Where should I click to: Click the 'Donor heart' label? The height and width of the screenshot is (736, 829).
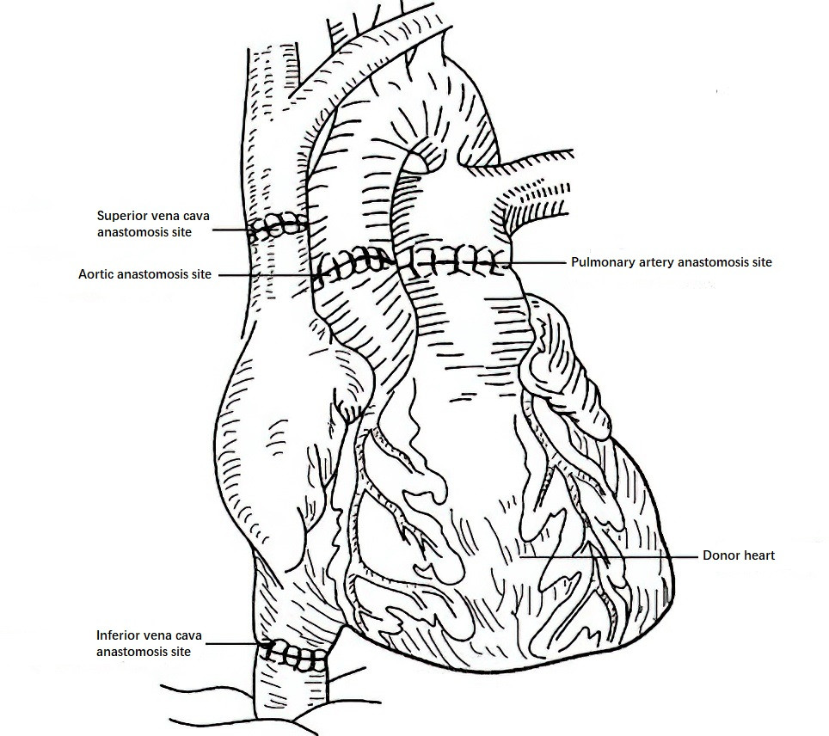click(x=738, y=555)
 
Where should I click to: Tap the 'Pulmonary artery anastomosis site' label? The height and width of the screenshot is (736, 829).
click(x=672, y=261)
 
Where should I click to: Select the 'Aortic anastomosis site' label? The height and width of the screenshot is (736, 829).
click(x=144, y=274)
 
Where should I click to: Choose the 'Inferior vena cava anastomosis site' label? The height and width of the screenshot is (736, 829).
click(x=149, y=643)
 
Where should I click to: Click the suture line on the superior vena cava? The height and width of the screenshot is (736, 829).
click(x=278, y=227)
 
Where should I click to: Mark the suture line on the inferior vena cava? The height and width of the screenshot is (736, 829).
click(x=294, y=657)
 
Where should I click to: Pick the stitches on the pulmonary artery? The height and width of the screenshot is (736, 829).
click(x=453, y=261)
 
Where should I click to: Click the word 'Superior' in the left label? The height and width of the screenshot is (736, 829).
click(x=121, y=216)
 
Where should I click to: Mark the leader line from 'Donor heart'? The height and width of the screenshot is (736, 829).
click(x=608, y=556)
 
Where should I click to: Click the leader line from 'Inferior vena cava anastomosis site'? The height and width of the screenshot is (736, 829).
click(x=236, y=643)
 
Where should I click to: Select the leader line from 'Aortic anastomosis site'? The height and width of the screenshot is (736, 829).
click(x=267, y=275)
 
